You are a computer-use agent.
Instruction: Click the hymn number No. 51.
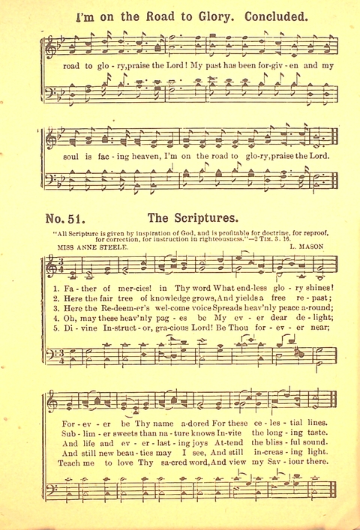point(68,220)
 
